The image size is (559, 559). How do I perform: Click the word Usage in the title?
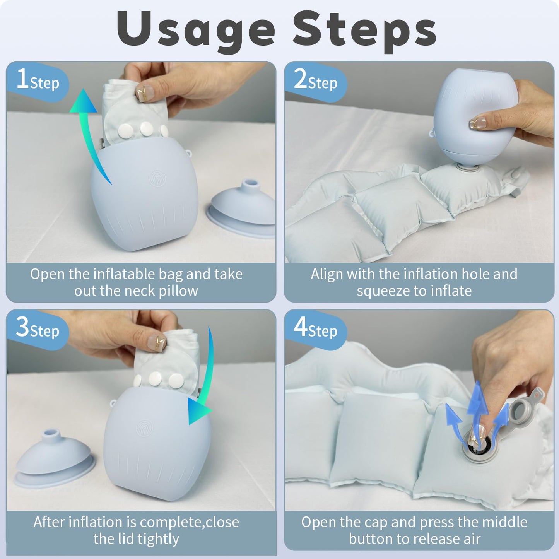(x=196, y=32)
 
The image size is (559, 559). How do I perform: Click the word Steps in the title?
(x=365, y=32)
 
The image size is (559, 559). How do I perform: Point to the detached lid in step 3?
(x=54, y=458)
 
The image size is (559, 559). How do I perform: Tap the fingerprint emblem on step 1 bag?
(x=157, y=178)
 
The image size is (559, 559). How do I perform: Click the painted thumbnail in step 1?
(x=144, y=93)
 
